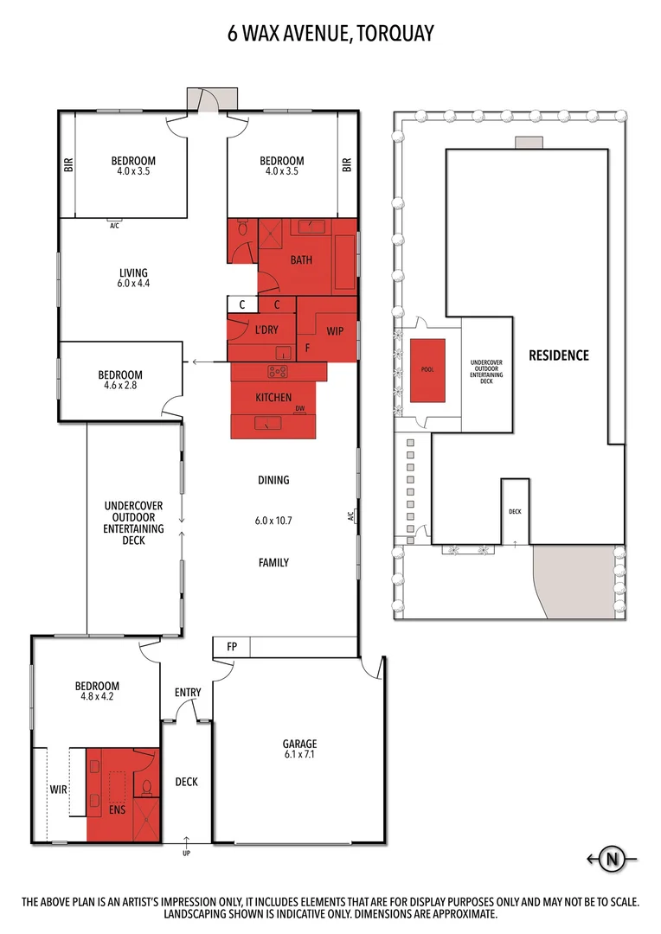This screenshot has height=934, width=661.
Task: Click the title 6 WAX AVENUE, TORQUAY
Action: click(330, 34)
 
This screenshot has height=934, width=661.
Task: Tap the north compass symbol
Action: click(613, 859)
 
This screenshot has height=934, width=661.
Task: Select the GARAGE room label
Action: click(299, 744)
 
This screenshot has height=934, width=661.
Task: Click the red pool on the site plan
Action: click(427, 370)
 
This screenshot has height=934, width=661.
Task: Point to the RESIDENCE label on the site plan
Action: click(558, 355)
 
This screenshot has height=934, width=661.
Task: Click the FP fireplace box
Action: click(232, 647)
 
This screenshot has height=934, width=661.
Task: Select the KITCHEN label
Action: click(273, 397)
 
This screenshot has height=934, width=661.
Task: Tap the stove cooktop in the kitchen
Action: click(278, 372)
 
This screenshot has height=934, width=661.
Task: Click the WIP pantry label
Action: click(335, 331)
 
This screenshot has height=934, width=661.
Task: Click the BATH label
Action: click(301, 259)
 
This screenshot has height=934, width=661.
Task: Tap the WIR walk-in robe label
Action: click(58, 790)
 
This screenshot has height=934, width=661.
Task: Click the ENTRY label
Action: click(188, 692)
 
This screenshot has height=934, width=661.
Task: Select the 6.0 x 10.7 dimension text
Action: click(273, 521)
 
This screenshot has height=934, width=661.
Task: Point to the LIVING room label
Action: click(133, 272)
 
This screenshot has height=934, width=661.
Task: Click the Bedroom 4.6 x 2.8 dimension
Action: click(120, 387)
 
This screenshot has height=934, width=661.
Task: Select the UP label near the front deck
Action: click(186, 854)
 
